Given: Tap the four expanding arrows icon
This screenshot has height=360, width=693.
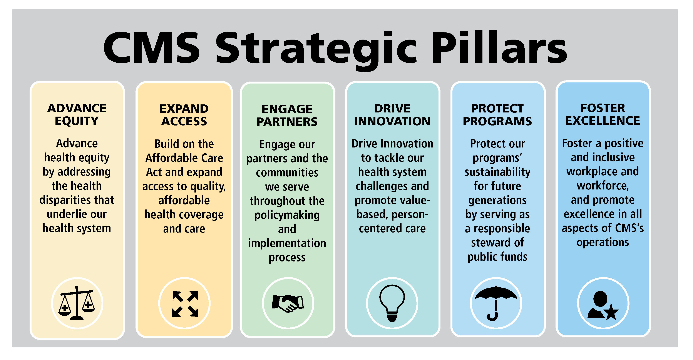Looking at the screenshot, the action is click(185, 303).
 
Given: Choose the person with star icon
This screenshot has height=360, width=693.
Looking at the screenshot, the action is click(603, 305).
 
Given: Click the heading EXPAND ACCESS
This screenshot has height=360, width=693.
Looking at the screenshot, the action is click(184, 115).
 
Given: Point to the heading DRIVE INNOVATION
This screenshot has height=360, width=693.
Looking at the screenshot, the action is click(392, 115).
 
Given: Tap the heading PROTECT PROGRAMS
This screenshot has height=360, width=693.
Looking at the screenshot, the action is click(497, 115).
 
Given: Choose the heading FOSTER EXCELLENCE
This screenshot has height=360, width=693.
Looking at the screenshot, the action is click(603, 114).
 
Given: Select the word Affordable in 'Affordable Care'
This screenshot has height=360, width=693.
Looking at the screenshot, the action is click(166, 158).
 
